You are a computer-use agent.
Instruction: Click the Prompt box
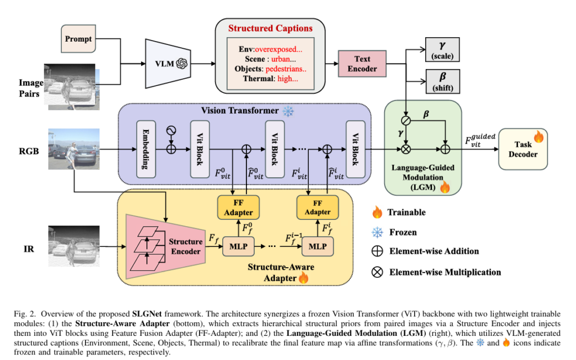(78, 39)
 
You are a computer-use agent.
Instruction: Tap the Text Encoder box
(362, 64)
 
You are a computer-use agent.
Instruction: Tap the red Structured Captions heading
(270, 28)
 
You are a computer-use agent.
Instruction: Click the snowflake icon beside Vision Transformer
(288, 111)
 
